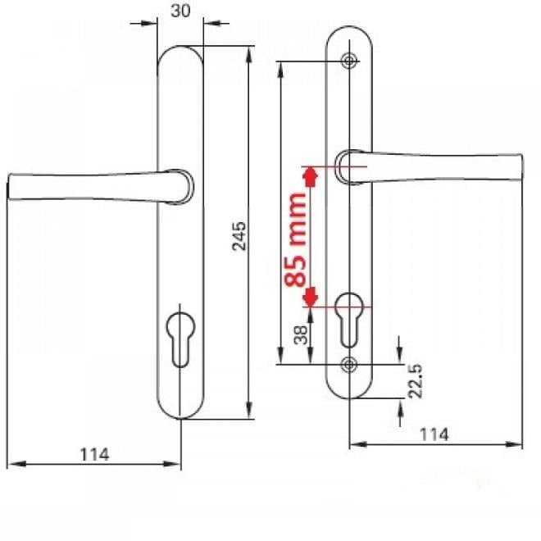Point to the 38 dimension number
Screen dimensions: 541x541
[300, 334]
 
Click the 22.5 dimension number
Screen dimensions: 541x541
[416, 380]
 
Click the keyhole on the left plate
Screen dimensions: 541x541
[180, 334]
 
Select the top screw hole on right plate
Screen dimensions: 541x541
[350, 61]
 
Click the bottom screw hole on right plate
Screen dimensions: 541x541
[350, 365]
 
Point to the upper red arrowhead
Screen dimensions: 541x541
[311, 175]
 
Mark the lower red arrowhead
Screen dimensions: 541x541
[311, 298]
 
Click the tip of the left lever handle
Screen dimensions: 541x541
[11, 187]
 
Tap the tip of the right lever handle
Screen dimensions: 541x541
[518, 168]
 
